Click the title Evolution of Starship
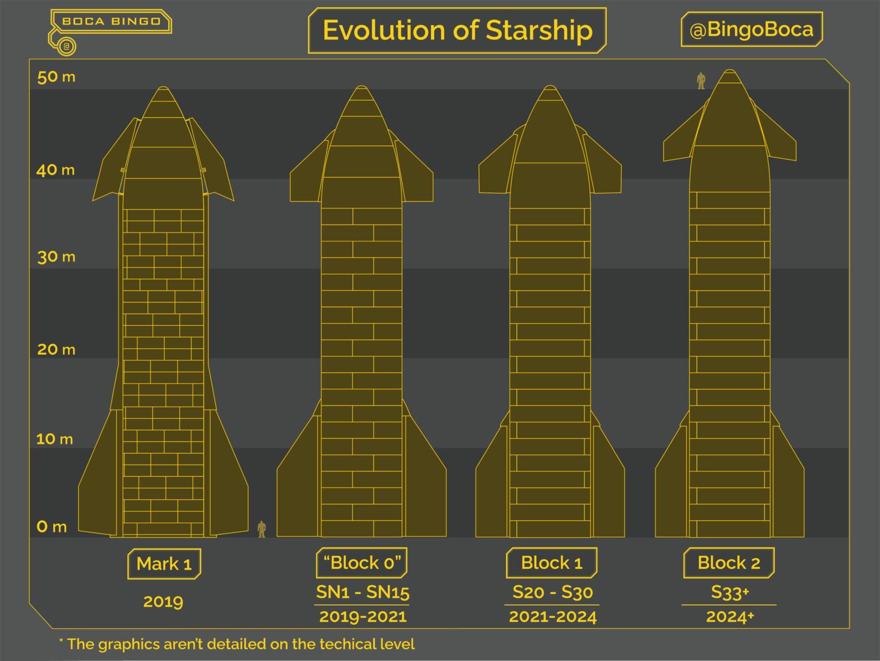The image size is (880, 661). [457, 30]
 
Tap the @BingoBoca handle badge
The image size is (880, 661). [751, 30]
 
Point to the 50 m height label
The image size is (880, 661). [56, 77]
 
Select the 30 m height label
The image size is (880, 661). [56, 257]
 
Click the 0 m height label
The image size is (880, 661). [52, 526]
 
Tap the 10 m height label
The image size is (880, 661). [54, 439]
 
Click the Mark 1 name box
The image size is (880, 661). [163, 564]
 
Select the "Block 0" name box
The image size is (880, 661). [362, 562]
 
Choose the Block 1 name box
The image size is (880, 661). [551, 562]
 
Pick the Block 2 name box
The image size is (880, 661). [728, 562]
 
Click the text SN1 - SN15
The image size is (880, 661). [362, 592]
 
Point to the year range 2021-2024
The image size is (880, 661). [552, 617]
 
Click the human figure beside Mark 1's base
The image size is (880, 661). [262, 529]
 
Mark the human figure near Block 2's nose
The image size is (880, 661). [700, 81]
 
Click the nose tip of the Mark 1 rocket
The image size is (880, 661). [163, 91]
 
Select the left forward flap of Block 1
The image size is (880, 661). [494, 169]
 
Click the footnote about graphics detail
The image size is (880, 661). [237, 644]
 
